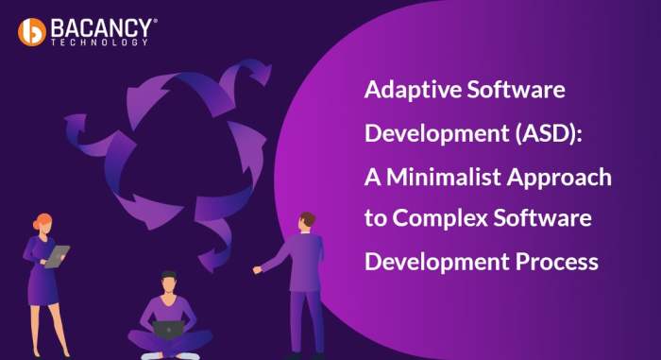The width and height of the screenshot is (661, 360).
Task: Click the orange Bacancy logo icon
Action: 32,31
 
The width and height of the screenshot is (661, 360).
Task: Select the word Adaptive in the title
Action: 408,92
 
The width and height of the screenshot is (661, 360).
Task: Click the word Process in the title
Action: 557,262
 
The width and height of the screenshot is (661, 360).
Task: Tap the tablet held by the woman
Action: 58,256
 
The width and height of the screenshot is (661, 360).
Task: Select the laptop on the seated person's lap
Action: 169,329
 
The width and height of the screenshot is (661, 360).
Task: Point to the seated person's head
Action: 168,282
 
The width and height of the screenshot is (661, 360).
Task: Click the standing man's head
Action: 306,221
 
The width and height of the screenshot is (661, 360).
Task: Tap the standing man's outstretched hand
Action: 257,269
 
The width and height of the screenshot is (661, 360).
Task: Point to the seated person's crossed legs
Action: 170,341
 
